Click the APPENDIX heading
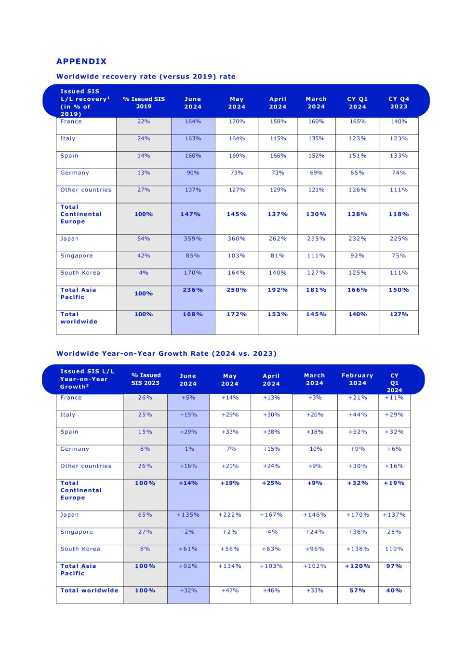pos(81,61)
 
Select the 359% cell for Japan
pos(193,239)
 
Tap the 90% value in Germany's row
pos(193,173)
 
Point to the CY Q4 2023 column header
pos(399,103)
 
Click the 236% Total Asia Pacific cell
pos(193,290)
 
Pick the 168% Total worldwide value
pos(193,314)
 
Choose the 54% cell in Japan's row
pos(144,239)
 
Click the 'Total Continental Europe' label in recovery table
pos(81,214)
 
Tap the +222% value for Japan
pos(230,515)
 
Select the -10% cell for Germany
pos(315,449)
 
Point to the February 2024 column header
pos(358,379)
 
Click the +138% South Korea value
pos(358,549)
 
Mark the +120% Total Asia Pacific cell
pos(358,566)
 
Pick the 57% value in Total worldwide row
pos(358,591)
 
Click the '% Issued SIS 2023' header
pos(146,379)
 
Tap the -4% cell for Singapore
pos(271,532)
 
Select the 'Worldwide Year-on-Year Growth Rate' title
pos(166,353)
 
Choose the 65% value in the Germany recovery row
pos(358,173)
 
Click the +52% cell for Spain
pos(358,432)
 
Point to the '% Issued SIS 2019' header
pos(144,103)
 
